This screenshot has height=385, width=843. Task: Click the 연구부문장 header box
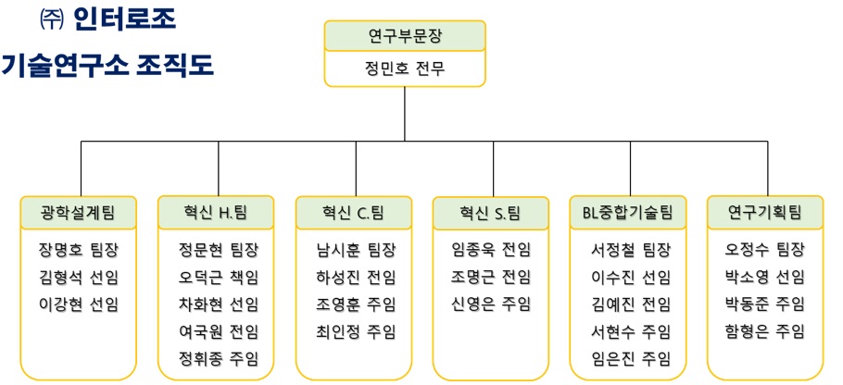405,37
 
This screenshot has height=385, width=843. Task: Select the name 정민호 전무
405,68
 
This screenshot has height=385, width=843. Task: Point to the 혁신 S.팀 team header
490,213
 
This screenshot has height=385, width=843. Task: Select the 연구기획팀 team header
764,213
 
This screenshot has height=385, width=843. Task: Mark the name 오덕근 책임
219,278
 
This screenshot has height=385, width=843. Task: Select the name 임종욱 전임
491,250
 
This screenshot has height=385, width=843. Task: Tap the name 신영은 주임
491,304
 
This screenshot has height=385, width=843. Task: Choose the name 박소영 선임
765,278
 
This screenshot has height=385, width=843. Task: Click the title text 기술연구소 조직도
107,66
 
